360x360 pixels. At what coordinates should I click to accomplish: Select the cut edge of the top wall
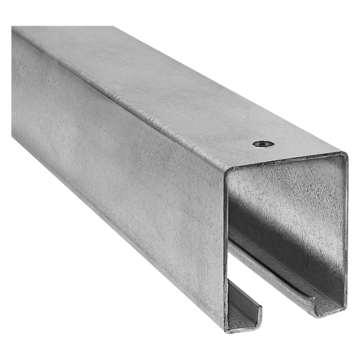coord(286,162)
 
